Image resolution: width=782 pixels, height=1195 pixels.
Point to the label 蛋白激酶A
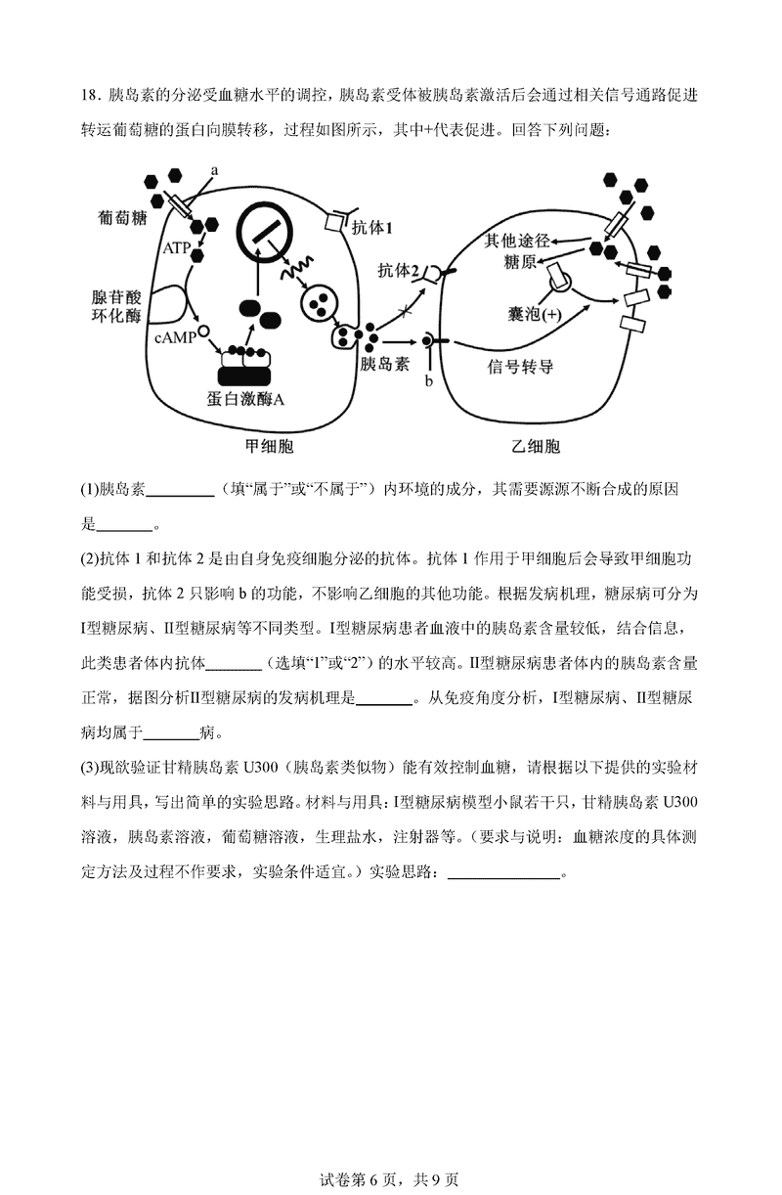[x=246, y=399]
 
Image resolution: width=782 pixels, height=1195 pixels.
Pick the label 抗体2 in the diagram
[x=399, y=271]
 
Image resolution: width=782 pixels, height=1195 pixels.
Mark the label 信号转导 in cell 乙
[x=520, y=366]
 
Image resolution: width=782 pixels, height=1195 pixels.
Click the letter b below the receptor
[x=428, y=379]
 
